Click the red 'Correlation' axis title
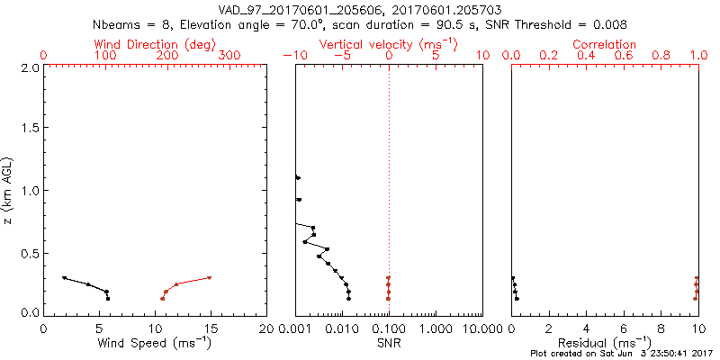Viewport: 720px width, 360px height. [x=605, y=44]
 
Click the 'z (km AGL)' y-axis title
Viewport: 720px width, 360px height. [x=8, y=190]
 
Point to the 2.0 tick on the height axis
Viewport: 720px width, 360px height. [x=29, y=67]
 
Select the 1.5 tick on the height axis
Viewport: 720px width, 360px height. [x=29, y=129]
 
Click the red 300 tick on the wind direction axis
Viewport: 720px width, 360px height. [x=230, y=56]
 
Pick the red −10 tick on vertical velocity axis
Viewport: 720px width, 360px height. [x=293, y=56]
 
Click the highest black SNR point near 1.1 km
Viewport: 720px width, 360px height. [x=298, y=178]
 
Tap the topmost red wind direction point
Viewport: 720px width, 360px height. [x=209, y=278]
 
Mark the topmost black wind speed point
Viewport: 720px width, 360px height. [x=64, y=278]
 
